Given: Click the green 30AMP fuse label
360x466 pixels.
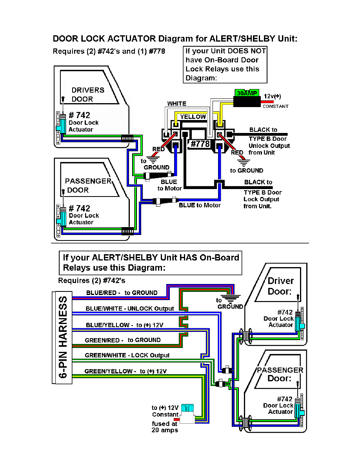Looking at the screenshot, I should point(246,93).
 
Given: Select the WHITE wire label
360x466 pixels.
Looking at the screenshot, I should point(177,104).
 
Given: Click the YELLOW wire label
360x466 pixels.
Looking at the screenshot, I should point(193,116).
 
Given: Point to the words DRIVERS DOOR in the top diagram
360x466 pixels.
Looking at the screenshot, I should point(87,95).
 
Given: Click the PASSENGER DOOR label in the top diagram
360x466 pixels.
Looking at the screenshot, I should point(88,186).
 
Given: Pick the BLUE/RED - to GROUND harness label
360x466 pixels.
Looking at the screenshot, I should point(122,293).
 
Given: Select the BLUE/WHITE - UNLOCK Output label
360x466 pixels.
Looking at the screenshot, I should point(130,308).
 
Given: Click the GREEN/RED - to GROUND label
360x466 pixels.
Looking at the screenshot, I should point(123,340).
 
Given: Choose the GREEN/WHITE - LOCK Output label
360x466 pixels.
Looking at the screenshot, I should point(127,355).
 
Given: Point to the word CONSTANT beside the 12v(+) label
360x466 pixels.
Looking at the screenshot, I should point(275,106).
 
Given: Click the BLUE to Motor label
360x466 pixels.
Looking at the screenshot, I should point(200,205).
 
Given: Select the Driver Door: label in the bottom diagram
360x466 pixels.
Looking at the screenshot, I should point(280,286).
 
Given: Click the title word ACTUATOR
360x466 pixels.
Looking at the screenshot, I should point(131,39).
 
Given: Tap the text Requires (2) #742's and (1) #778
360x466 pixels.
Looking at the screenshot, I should point(109,51).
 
